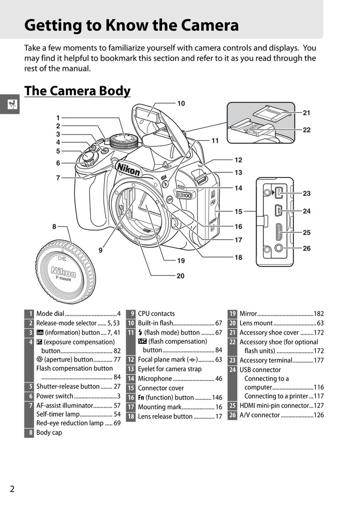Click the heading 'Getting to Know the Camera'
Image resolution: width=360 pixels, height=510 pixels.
132,25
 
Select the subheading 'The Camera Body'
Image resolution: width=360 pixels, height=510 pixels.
77,91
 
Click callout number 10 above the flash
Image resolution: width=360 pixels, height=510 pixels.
181,104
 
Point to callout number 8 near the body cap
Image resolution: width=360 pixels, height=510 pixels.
54,225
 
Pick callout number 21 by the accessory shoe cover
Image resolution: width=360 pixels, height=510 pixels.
306,113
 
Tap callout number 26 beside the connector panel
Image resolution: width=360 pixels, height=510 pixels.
306,248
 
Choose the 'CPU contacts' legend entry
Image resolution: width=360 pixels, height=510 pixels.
156,314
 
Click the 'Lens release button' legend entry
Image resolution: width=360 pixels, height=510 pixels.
165,416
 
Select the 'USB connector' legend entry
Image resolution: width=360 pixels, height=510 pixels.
260,370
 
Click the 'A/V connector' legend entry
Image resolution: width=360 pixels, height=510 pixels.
260,415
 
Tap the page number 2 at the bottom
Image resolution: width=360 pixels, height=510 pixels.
12,489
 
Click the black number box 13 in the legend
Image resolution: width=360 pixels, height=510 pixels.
131,369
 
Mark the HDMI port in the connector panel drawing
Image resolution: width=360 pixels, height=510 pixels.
278,232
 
